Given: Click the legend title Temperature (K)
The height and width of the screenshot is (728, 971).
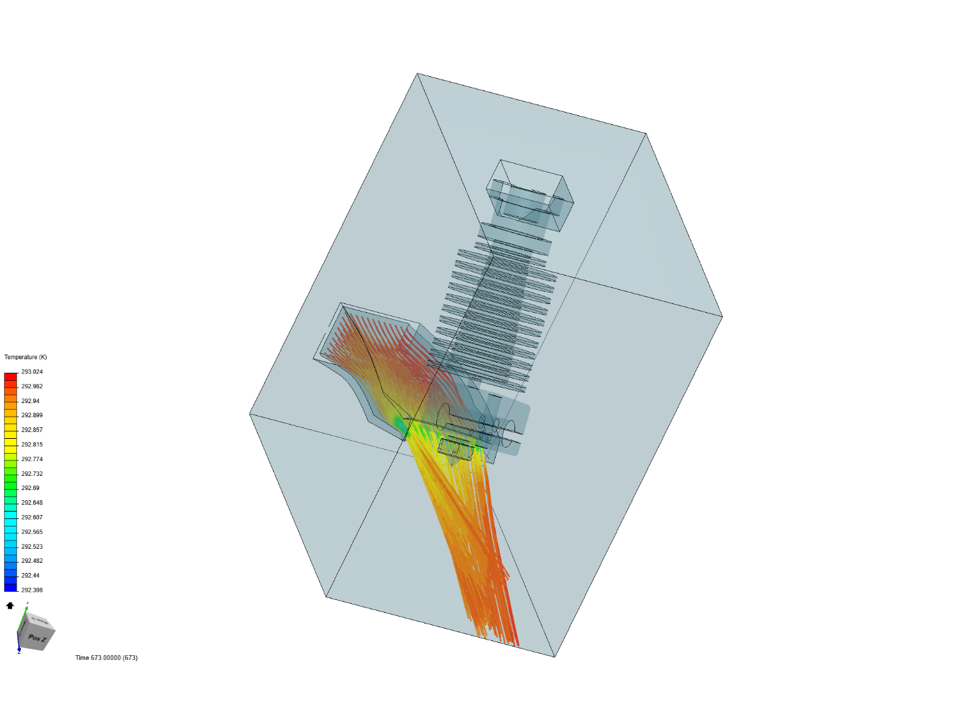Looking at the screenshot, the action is pyautogui.click(x=26, y=357).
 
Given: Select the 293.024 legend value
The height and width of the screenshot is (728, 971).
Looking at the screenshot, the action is pyautogui.click(x=32, y=371).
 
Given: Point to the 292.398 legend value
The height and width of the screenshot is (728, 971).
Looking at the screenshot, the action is pyautogui.click(x=32, y=590).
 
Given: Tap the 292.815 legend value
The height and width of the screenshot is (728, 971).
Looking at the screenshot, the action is pyautogui.click(x=32, y=444).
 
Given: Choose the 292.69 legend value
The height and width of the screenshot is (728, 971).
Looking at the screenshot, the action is pyautogui.click(x=30, y=487).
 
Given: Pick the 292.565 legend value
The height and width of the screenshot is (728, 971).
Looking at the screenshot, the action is pyautogui.click(x=32, y=531).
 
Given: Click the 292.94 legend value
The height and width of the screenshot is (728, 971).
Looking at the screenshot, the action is pyautogui.click(x=30, y=401).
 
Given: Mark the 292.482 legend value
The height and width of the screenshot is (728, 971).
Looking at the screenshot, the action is pyautogui.click(x=32, y=560).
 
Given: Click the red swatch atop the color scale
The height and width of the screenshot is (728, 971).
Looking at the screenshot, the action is pyautogui.click(x=11, y=377).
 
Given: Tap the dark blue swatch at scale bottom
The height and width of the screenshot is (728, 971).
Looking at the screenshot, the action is pyautogui.click(x=11, y=587).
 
